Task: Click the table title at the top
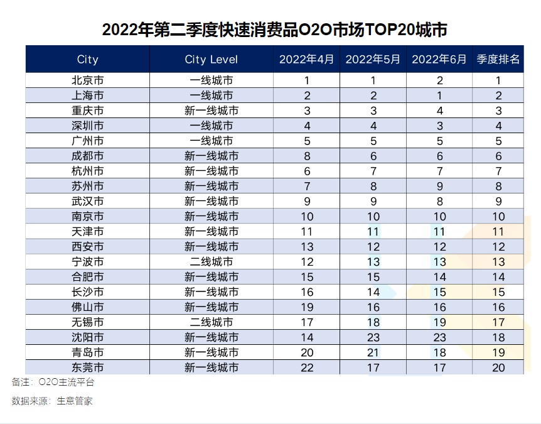[x=274, y=30]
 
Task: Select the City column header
[x=88, y=60]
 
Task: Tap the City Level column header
[x=212, y=60]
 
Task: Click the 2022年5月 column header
[x=373, y=60]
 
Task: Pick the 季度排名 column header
[x=498, y=60]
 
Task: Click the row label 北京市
[x=88, y=80]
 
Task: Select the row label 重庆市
[x=88, y=111]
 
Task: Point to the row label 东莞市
[x=88, y=367]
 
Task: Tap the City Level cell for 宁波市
[x=212, y=261]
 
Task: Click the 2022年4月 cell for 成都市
[x=307, y=156]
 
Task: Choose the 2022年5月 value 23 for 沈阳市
[x=373, y=337]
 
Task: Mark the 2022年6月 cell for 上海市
[x=439, y=95]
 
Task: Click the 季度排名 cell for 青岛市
[x=498, y=352]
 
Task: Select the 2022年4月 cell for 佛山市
[x=307, y=307]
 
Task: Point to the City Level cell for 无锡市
[x=212, y=322]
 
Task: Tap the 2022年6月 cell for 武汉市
[x=439, y=201]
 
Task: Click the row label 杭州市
[x=88, y=171]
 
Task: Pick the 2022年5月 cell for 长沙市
[x=373, y=292]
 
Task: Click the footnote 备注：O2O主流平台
[x=53, y=382]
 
